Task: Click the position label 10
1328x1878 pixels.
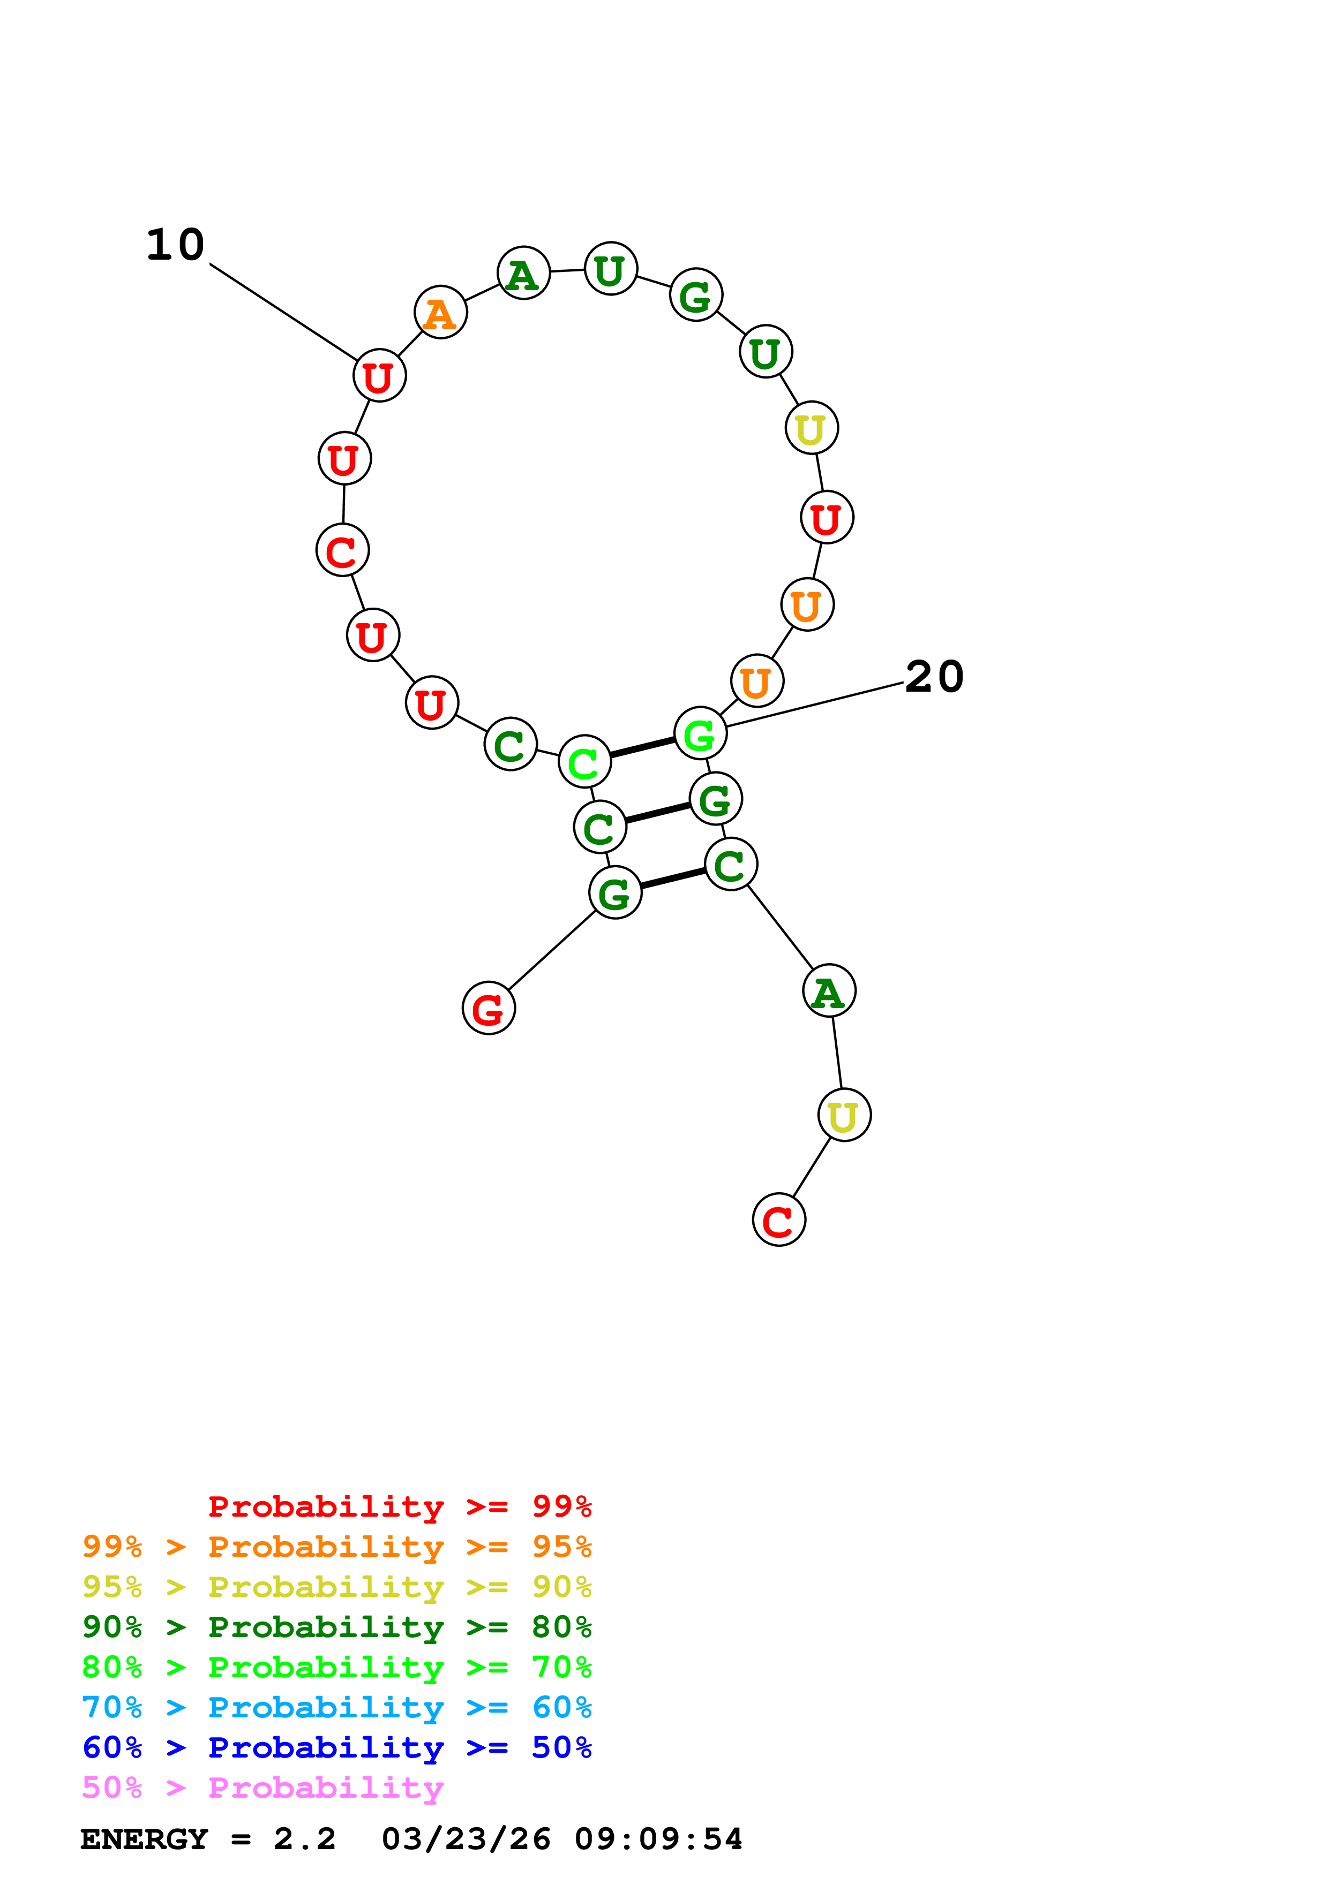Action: coord(175,245)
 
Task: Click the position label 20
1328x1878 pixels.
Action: coord(934,677)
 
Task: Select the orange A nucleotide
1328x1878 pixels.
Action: coord(440,313)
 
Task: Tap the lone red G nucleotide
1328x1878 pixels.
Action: coord(489,1009)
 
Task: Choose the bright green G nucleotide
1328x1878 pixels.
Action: coord(700,734)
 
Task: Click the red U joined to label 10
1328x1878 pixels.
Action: coord(379,376)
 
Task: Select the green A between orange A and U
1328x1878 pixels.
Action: coord(523,273)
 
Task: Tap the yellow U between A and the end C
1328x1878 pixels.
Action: coord(844,1116)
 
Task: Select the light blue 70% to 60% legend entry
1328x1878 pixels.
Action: coord(336,1707)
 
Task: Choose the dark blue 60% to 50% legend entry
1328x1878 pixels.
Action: coord(336,1747)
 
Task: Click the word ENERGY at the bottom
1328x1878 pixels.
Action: coord(144,1839)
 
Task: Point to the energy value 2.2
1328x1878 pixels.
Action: coord(304,1839)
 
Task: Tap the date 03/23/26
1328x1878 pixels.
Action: coord(466,1839)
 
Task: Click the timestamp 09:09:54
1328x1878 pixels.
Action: coord(658,1839)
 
